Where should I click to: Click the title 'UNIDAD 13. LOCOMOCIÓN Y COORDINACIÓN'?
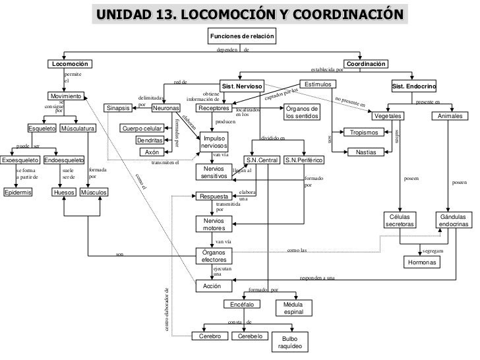250,14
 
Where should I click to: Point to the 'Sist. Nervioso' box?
242,86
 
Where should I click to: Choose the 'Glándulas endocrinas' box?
454,221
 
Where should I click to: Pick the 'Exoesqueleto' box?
19,160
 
